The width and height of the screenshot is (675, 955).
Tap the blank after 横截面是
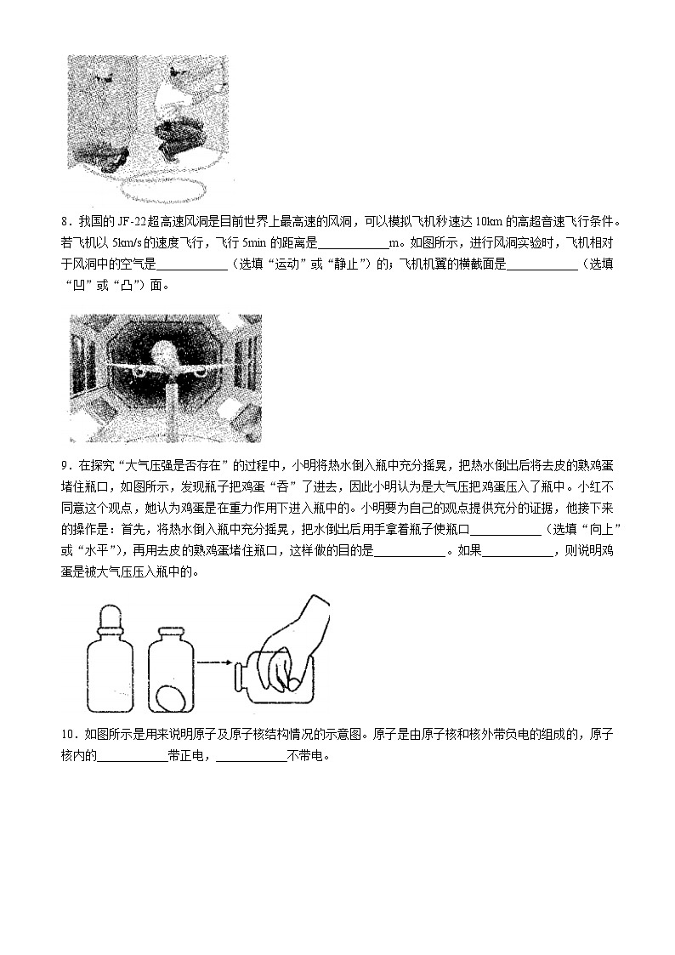point(542,264)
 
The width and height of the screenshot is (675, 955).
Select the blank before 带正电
point(132,755)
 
